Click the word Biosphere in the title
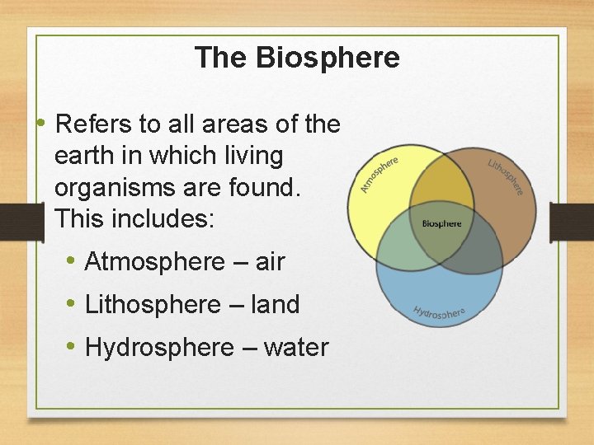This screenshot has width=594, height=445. pos(328,58)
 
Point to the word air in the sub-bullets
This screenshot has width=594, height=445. pos(270,262)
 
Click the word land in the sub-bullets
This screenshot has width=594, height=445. pos(275,305)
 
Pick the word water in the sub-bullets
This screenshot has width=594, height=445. pos(296,348)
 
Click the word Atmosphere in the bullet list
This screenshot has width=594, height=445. pos(154,262)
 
